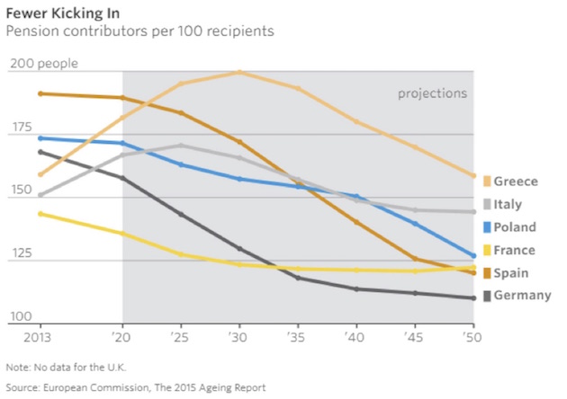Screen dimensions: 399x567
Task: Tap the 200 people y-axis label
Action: pyautogui.click(x=43, y=64)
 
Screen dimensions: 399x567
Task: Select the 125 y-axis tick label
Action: pyautogui.click(x=20, y=253)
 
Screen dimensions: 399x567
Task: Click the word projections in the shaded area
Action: pyautogui.click(x=433, y=93)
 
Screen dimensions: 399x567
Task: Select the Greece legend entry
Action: pyautogui.click(x=514, y=182)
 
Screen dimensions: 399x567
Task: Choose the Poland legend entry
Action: pyautogui.click(x=514, y=227)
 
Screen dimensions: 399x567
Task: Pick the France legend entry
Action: pyautogui.click(x=514, y=251)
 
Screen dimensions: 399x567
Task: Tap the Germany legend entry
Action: pyautogui.click(x=521, y=296)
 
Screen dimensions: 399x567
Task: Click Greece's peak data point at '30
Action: pyautogui.click(x=239, y=72)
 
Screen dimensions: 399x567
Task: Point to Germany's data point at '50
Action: pyautogui.click(x=472, y=298)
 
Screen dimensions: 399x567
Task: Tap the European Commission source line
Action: pyautogui.click(x=135, y=387)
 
